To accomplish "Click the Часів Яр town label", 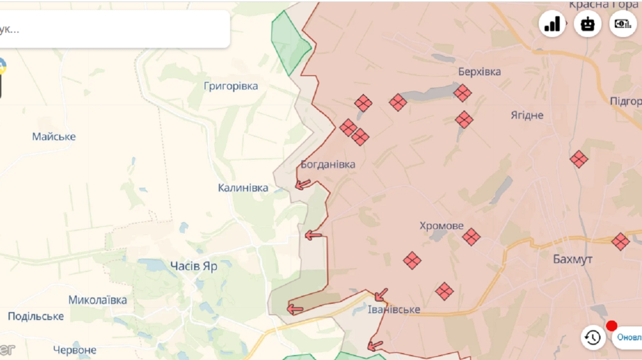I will click(x=194, y=266).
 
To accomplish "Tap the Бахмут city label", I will click(x=572, y=259).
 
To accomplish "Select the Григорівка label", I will click(x=231, y=86).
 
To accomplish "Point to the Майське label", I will click(x=54, y=136).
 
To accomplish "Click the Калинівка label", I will click(x=243, y=188).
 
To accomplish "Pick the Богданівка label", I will click(x=328, y=164).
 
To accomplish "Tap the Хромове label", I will click(x=441, y=226).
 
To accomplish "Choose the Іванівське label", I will click(x=394, y=310).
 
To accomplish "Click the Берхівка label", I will click(x=479, y=72).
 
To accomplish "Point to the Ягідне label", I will click(x=527, y=115).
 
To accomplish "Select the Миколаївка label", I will click(x=97, y=300).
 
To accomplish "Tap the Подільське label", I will click(x=36, y=316).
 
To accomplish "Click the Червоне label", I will click(x=75, y=350).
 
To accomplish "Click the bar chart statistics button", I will click(x=552, y=24).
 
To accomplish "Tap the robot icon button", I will click(x=587, y=24).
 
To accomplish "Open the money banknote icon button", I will click(x=623, y=24).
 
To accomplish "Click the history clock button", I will click(x=593, y=338).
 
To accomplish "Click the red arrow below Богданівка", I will click(x=303, y=185).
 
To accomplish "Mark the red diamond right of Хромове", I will click(x=471, y=237).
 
